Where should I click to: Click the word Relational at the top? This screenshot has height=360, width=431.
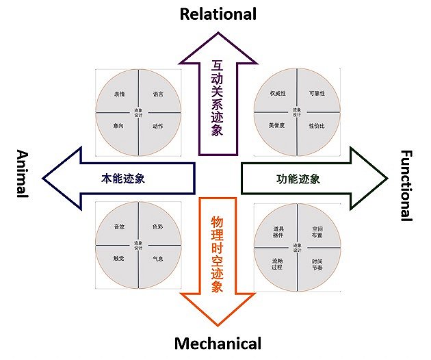point(218,14)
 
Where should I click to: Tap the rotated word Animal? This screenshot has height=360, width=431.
point(21,173)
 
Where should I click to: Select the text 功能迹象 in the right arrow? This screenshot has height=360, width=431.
point(298,179)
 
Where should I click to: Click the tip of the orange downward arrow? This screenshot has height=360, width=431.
point(218,324)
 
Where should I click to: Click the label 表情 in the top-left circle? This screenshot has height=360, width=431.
point(119,94)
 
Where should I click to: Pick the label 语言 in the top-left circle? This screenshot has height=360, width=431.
point(157,94)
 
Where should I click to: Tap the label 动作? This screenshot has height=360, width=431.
point(158,126)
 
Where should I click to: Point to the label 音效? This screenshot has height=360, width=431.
point(119,227)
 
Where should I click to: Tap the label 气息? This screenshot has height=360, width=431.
point(158,259)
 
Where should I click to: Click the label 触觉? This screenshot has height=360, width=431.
point(119,259)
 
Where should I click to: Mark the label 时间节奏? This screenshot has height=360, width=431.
point(317,264)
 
